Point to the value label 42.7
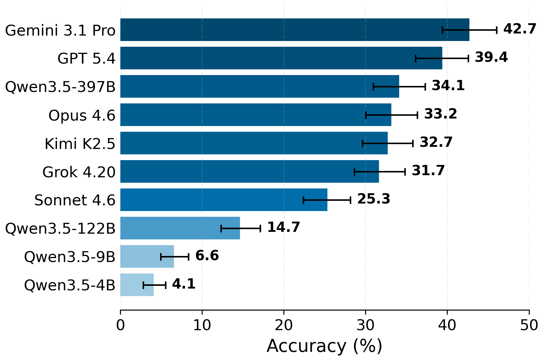pyautogui.click(x=519, y=29)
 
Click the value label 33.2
pyautogui.click(x=440, y=114)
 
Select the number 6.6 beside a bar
pyautogui.click(x=207, y=256)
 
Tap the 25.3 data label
pyautogui.click(x=374, y=199)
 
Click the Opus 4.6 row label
pyautogui.click(x=82, y=115)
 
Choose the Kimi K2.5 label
pyautogui.click(x=80, y=144)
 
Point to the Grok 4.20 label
pyautogui.click(x=79, y=172)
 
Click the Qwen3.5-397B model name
pyautogui.click(x=60, y=87)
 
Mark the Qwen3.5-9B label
pyautogui.click(x=70, y=257)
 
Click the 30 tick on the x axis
pyautogui.click(x=365, y=326)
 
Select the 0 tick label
pyautogui.click(x=120, y=326)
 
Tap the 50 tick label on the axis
pyautogui.click(x=529, y=326)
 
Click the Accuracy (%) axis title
pyautogui.click(x=324, y=346)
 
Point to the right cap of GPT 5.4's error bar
pyautogui.click(x=468, y=58)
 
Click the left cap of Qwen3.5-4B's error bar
pyautogui.click(x=144, y=285)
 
